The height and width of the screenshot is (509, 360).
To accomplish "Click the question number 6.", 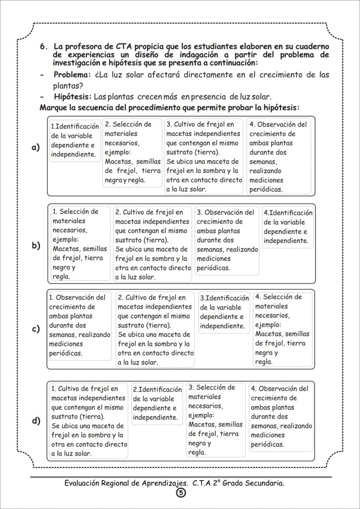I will click(43, 47).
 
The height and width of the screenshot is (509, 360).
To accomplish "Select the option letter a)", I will click(36, 147).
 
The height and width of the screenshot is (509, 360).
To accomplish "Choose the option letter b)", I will click(36, 245).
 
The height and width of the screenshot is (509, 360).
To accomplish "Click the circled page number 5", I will click(180, 493).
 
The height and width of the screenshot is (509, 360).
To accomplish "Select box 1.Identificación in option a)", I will click(75, 140).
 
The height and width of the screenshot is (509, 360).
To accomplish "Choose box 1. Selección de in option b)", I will click(79, 243).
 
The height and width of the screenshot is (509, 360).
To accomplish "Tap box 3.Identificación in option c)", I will click(224, 312).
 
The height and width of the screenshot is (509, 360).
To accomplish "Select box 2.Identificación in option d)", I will click(157, 403).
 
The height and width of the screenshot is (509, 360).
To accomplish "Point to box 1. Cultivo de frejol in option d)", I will click(89, 420).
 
